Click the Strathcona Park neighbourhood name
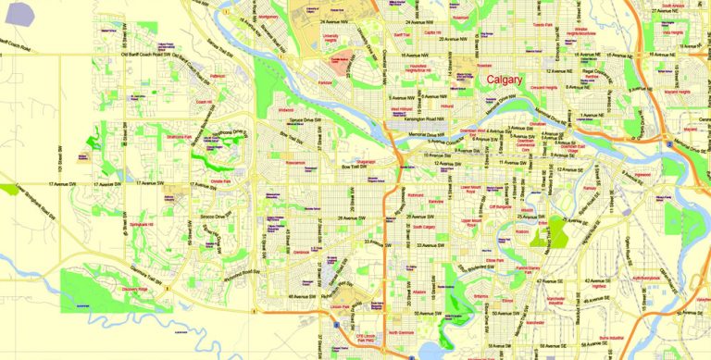[177, 137]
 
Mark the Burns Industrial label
[612, 338]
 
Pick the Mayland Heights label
[678, 93]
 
